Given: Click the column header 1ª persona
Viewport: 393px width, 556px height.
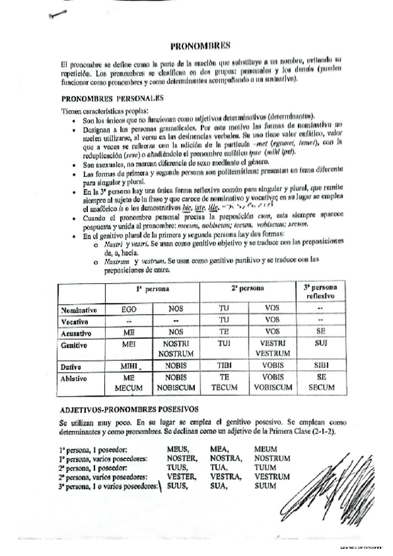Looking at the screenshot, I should (153, 288).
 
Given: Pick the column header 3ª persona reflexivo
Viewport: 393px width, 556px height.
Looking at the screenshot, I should (320, 292).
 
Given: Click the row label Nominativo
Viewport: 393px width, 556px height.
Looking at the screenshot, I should (79, 309).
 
